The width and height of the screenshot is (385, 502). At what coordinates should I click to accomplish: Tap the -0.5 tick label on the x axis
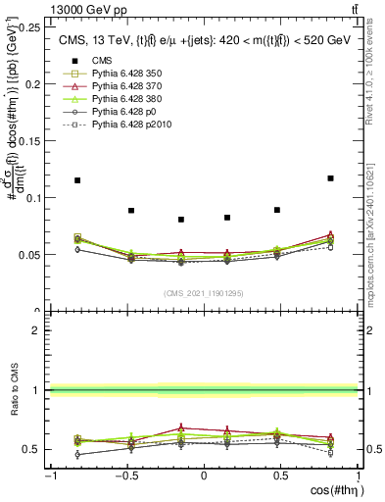pos(126,477)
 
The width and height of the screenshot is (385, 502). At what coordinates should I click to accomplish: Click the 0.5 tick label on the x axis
pos(280,477)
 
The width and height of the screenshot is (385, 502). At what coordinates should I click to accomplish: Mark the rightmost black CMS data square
pos(331,178)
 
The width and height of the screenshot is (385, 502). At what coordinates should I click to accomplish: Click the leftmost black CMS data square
pos(77,180)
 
